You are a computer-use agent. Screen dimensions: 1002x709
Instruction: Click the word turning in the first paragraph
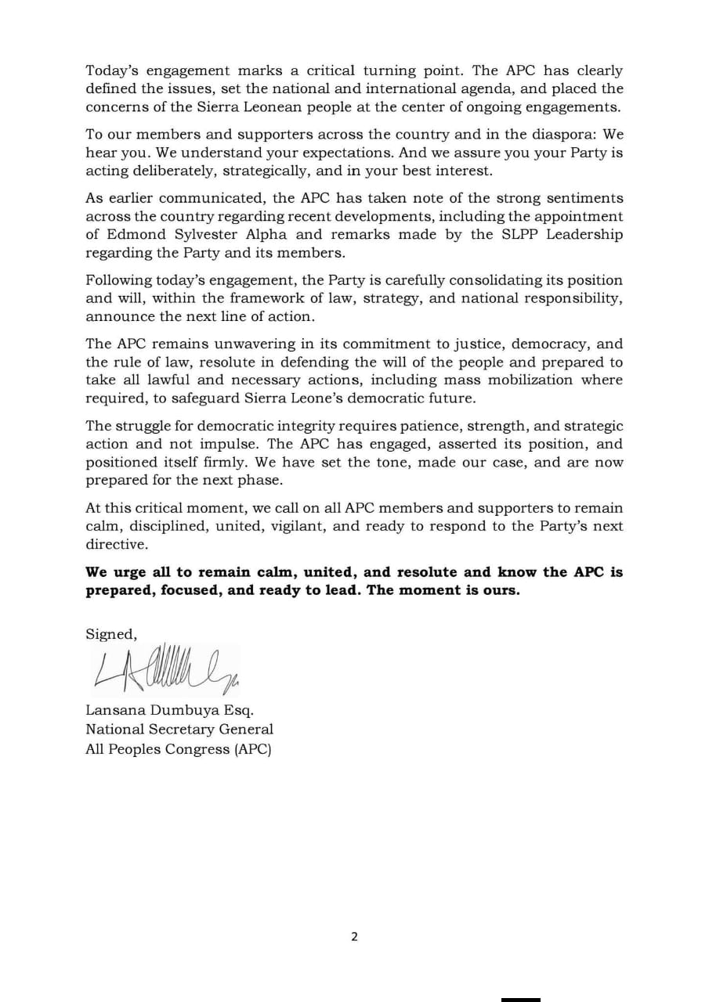click(385, 70)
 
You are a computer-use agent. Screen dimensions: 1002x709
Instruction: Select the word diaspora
click(562, 134)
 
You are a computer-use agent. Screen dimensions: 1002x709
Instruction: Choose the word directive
click(115, 544)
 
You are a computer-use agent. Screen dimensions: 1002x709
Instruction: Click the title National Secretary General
click(179, 729)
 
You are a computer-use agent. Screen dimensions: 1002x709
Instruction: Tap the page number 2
click(354, 936)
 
